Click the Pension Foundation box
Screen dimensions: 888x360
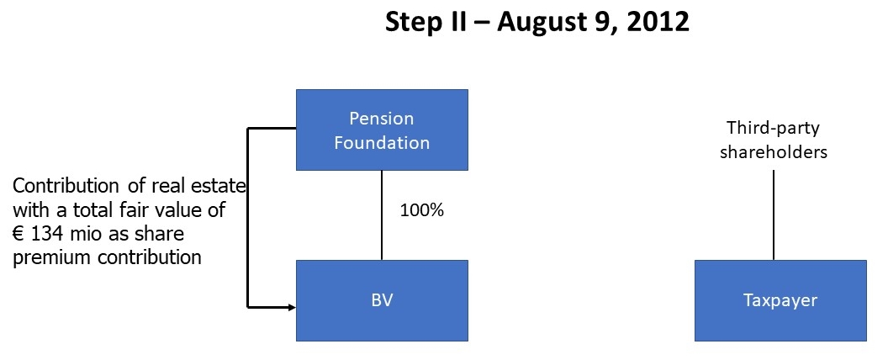tap(382, 130)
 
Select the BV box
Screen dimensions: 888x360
tap(382, 300)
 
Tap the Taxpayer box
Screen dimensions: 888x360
tap(780, 300)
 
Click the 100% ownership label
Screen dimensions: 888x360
tap(422, 210)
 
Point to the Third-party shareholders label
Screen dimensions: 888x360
tap(774, 140)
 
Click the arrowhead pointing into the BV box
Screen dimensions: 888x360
tap(292, 307)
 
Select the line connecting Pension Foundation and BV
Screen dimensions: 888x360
tap(382, 215)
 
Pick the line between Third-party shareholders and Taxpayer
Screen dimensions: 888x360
tap(774, 215)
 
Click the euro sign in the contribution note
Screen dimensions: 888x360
tap(18, 235)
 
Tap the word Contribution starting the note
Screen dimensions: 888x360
tap(61, 186)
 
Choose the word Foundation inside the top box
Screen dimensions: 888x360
tap(382, 143)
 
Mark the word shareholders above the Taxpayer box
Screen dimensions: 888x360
tap(774, 152)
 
